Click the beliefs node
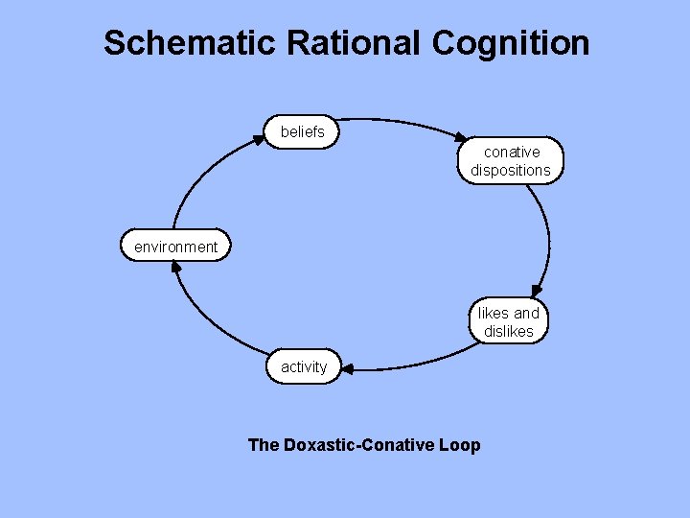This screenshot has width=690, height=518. [x=303, y=132]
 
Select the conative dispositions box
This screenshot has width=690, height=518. [x=511, y=161]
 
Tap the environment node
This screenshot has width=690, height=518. [x=175, y=247]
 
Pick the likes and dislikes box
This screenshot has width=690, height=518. [x=509, y=322]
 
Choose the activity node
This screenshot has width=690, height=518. [x=304, y=366]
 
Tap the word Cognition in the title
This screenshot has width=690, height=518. [x=511, y=43]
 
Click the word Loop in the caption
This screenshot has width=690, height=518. [x=460, y=444]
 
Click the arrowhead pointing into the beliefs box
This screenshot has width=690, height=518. [x=260, y=139]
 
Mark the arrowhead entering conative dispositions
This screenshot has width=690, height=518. [x=462, y=140]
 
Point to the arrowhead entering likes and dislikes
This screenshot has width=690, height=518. [x=538, y=290]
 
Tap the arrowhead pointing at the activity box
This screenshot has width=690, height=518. [x=347, y=368]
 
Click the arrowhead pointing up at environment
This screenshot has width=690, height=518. [x=175, y=267]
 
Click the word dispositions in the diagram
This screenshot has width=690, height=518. [x=511, y=171]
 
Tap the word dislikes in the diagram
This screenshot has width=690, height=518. [x=509, y=332]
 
